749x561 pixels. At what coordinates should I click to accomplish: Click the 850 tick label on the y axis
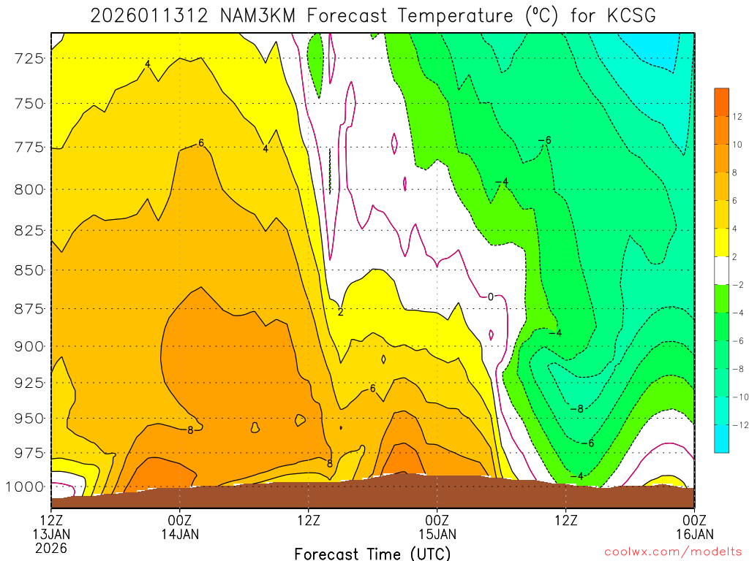click(x=30, y=270)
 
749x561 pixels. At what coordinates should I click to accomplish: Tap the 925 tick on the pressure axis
click(x=30, y=383)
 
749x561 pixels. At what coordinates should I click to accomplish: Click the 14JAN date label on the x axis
click(x=180, y=534)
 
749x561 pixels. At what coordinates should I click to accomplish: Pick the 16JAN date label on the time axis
click(x=694, y=534)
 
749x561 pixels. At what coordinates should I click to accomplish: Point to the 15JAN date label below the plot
click(x=437, y=534)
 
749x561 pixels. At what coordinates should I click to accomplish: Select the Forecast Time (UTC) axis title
click(x=372, y=554)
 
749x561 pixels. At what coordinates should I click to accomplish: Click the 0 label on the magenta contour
click(x=491, y=297)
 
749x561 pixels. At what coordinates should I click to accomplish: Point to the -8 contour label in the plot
click(x=576, y=408)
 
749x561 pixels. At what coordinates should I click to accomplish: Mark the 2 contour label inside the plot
click(x=340, y=312)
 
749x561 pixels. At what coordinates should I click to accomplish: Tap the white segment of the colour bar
click(x=722, y=270)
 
